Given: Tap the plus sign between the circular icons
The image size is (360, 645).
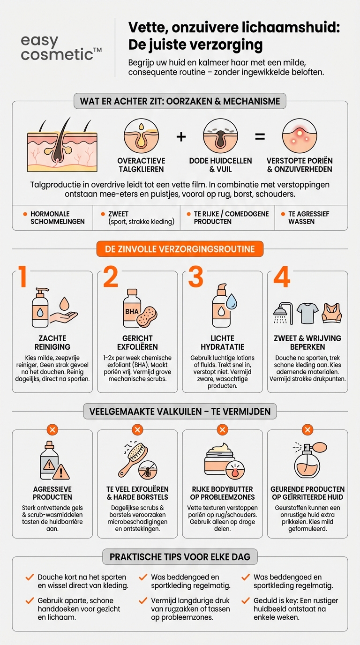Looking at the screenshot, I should click(x=181, y=136).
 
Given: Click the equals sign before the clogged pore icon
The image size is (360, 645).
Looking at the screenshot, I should click(x=259, y=136).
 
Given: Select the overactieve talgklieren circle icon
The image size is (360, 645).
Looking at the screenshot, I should click(x=141, y=136).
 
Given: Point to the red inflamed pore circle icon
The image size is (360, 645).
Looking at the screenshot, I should click(x=299, y=136).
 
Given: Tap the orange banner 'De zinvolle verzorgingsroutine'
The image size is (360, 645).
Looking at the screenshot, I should click(x=180, y=249).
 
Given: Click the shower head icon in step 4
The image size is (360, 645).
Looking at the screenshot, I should click(x=282, y=313).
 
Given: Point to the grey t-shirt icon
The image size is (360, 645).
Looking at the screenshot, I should click(x=307, y=313).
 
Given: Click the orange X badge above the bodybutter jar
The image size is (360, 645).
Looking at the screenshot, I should click(x=222, y=429).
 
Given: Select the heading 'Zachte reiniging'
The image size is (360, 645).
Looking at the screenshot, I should click(x=52, y=343).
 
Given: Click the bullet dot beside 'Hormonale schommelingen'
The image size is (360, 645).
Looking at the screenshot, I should click(x=25, y=214).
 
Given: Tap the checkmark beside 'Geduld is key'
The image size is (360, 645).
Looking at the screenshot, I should click(x=246, y=600).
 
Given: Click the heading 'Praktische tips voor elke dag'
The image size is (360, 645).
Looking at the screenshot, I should click(x=180, y=557).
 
